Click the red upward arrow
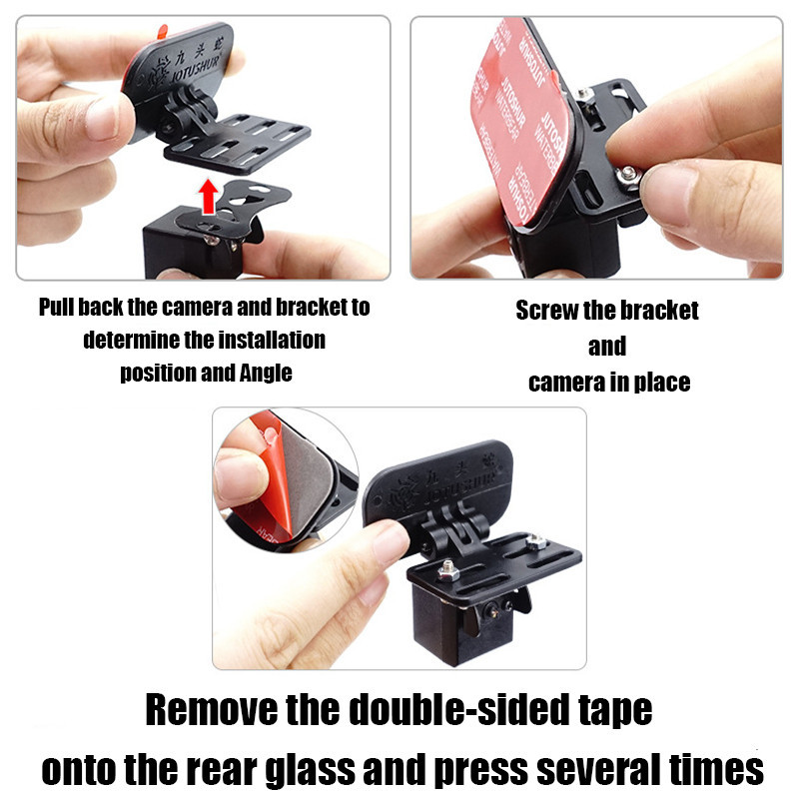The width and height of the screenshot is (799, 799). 208,196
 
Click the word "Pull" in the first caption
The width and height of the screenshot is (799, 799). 56,307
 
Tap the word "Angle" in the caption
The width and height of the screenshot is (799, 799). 266,373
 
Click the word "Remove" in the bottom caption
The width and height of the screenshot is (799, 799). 211,709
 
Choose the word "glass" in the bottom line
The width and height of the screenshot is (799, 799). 311,770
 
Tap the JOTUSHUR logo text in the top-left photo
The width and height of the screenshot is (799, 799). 195,70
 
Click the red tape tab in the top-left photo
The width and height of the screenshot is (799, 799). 163,32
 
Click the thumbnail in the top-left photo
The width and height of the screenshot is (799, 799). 104,120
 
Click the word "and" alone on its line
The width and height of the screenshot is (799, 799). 607,347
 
